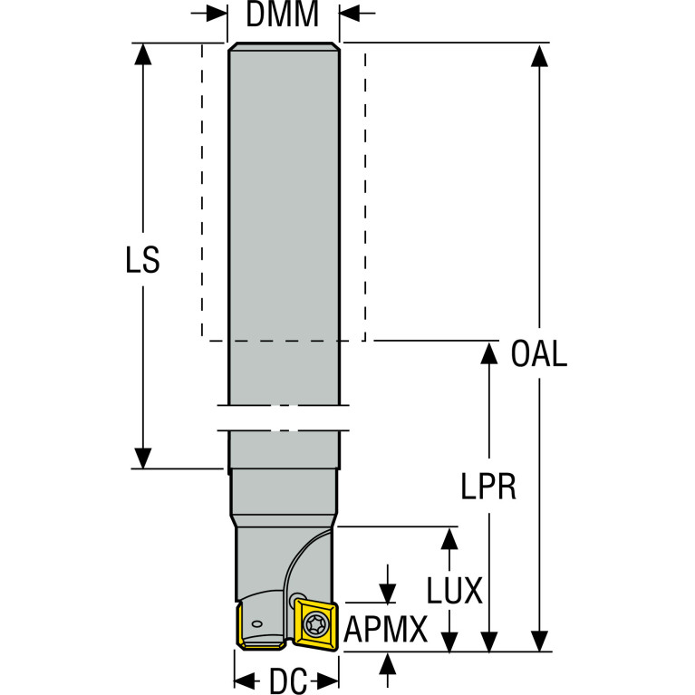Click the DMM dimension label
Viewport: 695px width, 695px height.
[283, 14]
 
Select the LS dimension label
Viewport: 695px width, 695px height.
[143, 260]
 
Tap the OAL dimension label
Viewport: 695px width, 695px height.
[539, 353]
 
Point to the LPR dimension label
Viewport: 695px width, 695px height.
[488, 487]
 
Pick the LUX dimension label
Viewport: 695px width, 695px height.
[454, 591]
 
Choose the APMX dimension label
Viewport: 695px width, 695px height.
[386, 630]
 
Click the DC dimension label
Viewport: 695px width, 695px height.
[288, 681]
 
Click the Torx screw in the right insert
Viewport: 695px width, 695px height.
[315, 625]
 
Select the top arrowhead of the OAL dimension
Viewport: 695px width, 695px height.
[539, 55]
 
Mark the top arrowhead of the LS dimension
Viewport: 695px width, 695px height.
[143, 54]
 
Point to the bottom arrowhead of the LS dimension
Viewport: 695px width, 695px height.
[143, 458]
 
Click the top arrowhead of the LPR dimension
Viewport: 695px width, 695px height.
[489, 353]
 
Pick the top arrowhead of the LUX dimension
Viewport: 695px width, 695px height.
[449, 539]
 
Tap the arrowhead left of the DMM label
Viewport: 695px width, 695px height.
[217, 14]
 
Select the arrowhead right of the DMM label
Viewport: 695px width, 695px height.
[350, 14]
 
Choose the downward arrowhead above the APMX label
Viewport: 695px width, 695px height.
[388, 593]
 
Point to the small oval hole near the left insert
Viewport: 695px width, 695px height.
[256, 624]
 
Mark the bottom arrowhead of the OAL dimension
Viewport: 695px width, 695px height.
[539, 641]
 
